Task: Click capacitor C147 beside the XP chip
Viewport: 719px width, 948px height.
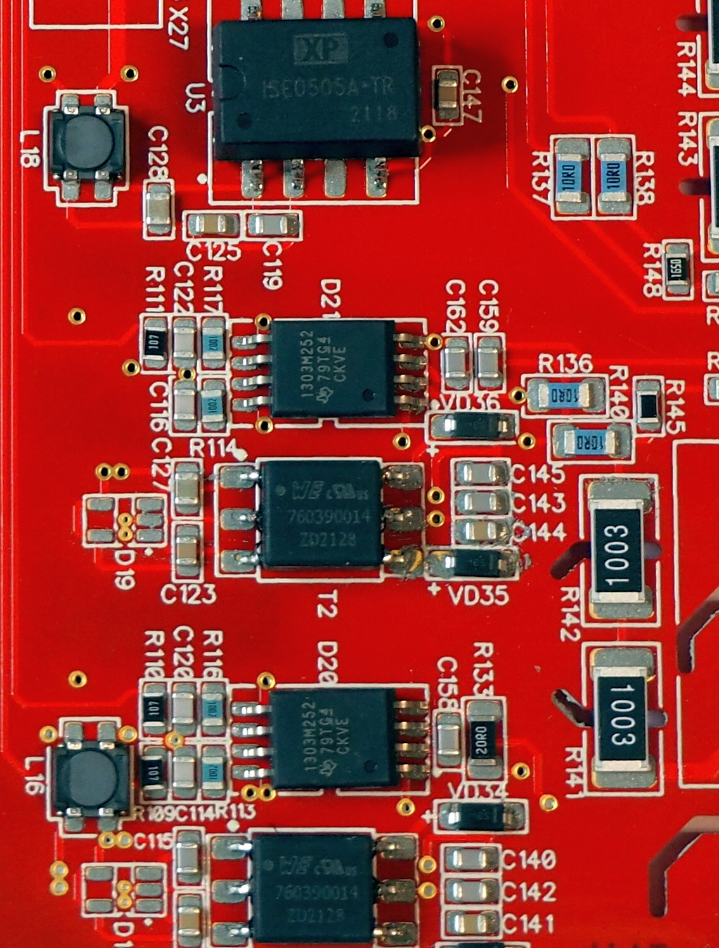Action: click(448, 95)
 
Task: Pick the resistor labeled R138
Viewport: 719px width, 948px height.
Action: click(613, 177)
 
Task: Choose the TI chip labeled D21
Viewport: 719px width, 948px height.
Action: click(332, 368)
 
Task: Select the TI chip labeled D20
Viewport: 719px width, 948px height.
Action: click(332, 737)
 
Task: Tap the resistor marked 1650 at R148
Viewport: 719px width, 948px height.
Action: click(675, 267)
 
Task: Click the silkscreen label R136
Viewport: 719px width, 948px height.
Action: click(565, 364)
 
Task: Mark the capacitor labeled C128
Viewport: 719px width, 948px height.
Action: click(157, 209)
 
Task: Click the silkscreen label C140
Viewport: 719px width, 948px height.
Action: click(528, 860)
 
